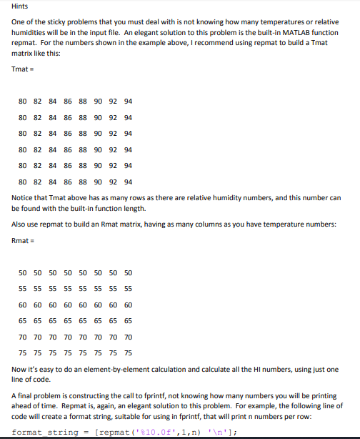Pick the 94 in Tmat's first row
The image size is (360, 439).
coord(128,101)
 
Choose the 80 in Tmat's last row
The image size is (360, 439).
coord(23,182)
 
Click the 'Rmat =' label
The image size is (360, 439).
coord(23,241)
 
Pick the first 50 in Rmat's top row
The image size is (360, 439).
coord(23,273)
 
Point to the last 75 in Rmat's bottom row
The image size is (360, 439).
coord(128,352)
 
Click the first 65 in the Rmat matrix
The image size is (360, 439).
coord(23,321)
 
